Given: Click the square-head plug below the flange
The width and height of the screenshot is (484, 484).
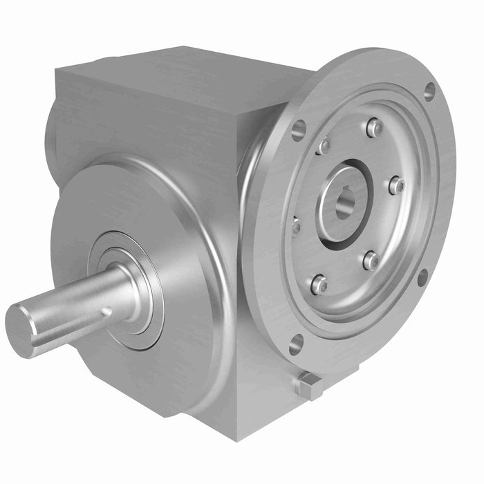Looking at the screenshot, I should (310, 385).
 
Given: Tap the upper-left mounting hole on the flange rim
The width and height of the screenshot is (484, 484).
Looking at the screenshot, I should (299, 129).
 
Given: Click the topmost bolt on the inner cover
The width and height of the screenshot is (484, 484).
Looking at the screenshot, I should (375, 127).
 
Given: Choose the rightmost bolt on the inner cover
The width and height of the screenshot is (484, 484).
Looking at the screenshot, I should (396, 185).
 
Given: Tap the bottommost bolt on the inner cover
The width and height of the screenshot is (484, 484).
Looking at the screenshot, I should (319, 284).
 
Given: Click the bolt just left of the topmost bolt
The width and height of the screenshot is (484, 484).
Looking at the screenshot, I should (323, 146).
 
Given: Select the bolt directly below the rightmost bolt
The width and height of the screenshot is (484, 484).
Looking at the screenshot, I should (371, 261).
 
